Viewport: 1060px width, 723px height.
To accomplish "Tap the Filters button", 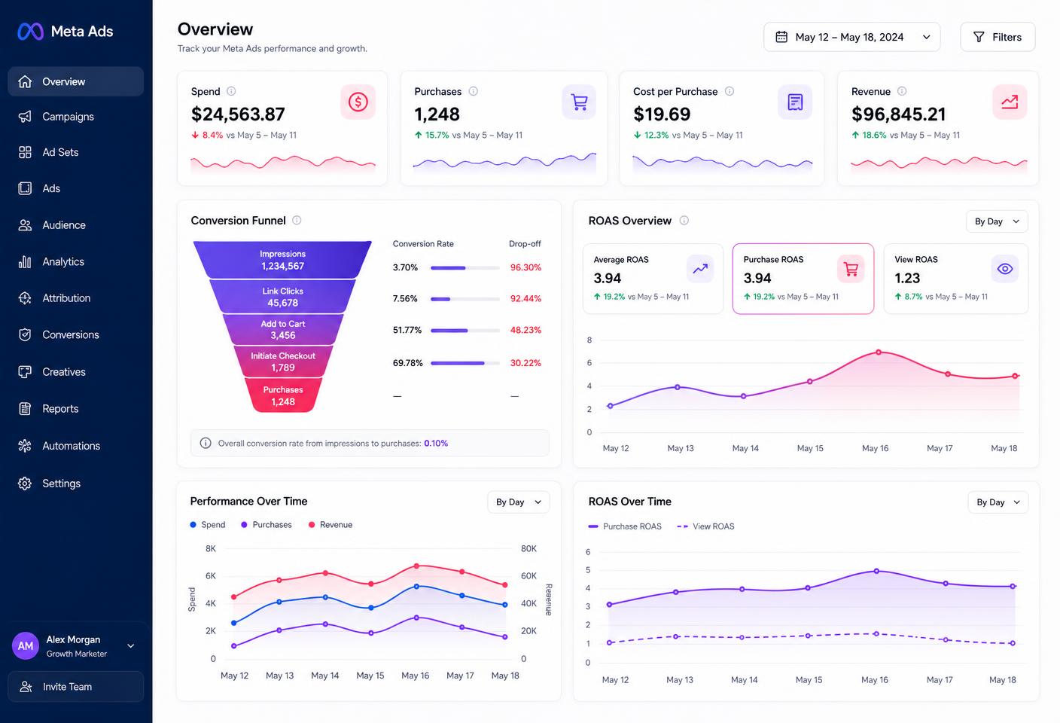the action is (x=998, y=37).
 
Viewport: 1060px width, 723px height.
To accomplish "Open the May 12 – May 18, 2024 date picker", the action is (x=851, y=37).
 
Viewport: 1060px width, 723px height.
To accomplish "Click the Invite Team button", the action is (x=76, y=687).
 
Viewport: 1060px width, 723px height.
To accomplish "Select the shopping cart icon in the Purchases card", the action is (x=579, y=102).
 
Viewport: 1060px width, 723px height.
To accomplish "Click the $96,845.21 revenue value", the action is (x=898, y=114).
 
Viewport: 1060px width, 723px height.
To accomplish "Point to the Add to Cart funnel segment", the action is (x=283, y=330).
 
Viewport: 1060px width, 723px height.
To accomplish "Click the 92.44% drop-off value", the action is (x=525, y=299).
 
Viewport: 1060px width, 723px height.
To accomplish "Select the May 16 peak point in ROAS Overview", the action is (x=879, y=352).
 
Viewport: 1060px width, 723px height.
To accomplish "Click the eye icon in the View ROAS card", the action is (x=1004, y=269).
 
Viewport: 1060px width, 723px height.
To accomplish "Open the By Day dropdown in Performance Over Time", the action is (x=519, y=502).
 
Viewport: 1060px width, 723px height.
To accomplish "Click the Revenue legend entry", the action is (x=330, y=525).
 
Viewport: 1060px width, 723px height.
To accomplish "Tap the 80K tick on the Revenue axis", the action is (x=528, y=549).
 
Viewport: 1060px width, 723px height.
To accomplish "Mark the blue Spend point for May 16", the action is (x=416, y=586).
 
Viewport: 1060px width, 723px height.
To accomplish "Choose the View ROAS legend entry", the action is (x=705, y=526).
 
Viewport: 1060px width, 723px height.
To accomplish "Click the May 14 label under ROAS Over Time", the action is (x=744, y=680).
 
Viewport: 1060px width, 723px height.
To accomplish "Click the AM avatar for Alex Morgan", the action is (x=26, y=646).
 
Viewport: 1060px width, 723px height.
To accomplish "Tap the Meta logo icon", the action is (x=30, y=32).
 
